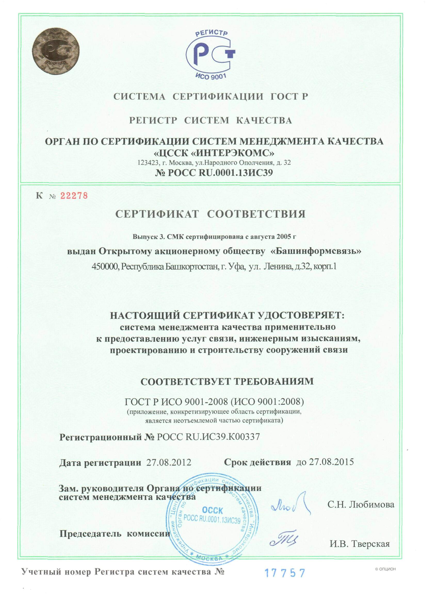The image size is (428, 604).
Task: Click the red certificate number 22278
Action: click(x=74, y=196)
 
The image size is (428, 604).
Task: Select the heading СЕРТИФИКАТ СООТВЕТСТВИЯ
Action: click(x=211, y=214)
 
